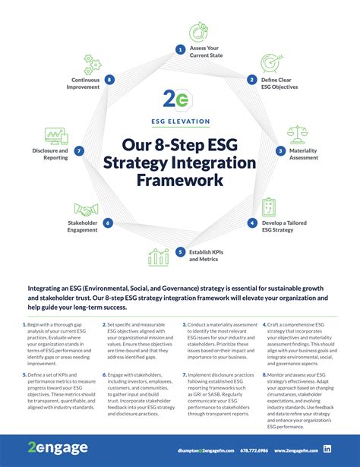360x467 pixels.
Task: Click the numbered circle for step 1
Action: click(180, 49)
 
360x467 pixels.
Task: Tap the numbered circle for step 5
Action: click(180, 252)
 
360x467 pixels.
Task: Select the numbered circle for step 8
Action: click(110, 79)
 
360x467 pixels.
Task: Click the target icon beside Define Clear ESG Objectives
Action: click(270, 63)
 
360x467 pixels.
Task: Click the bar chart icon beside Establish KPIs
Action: click(159, 257)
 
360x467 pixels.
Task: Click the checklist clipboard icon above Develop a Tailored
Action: click(270, 207)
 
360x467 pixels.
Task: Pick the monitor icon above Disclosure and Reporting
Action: click(57, 136)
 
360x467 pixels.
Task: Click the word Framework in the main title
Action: click(180, 181)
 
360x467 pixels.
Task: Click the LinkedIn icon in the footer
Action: click(327, 450)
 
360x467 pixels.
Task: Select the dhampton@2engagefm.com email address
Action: click(200, 450)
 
